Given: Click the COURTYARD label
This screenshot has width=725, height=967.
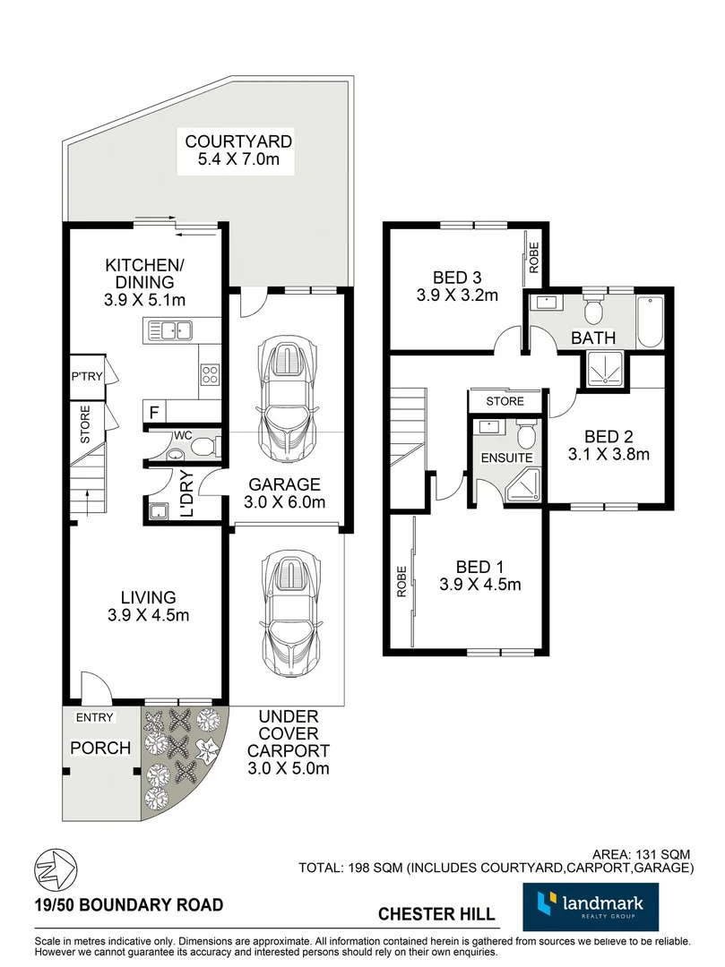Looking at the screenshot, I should click(237, 141).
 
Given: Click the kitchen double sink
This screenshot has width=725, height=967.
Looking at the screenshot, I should click(170, 331).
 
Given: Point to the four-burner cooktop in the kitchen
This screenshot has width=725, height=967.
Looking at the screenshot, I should click(210, 373).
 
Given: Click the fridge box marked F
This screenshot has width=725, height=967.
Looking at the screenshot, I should click(153, 413).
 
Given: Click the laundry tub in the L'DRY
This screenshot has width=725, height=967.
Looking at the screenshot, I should click(159, 511).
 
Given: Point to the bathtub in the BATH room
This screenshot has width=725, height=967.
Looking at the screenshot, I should click(649, 323).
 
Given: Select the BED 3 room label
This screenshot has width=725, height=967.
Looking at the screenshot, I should click(456, 277).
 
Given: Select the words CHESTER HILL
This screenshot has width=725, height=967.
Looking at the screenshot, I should click(436, 914).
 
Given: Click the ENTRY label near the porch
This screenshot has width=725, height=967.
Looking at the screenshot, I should click(94, 718).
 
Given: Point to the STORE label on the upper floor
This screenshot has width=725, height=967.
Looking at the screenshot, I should click(505, 402).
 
